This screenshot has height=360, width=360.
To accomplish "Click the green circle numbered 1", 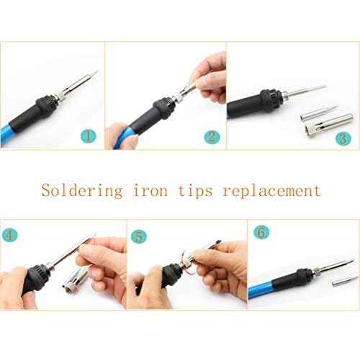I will pos(88,135).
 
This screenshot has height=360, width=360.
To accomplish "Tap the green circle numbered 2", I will pos(210,136).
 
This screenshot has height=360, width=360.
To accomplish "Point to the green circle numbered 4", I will pos(10,235).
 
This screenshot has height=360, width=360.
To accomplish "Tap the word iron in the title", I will pos(149,191).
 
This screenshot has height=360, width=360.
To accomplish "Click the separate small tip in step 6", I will pos(336,286).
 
